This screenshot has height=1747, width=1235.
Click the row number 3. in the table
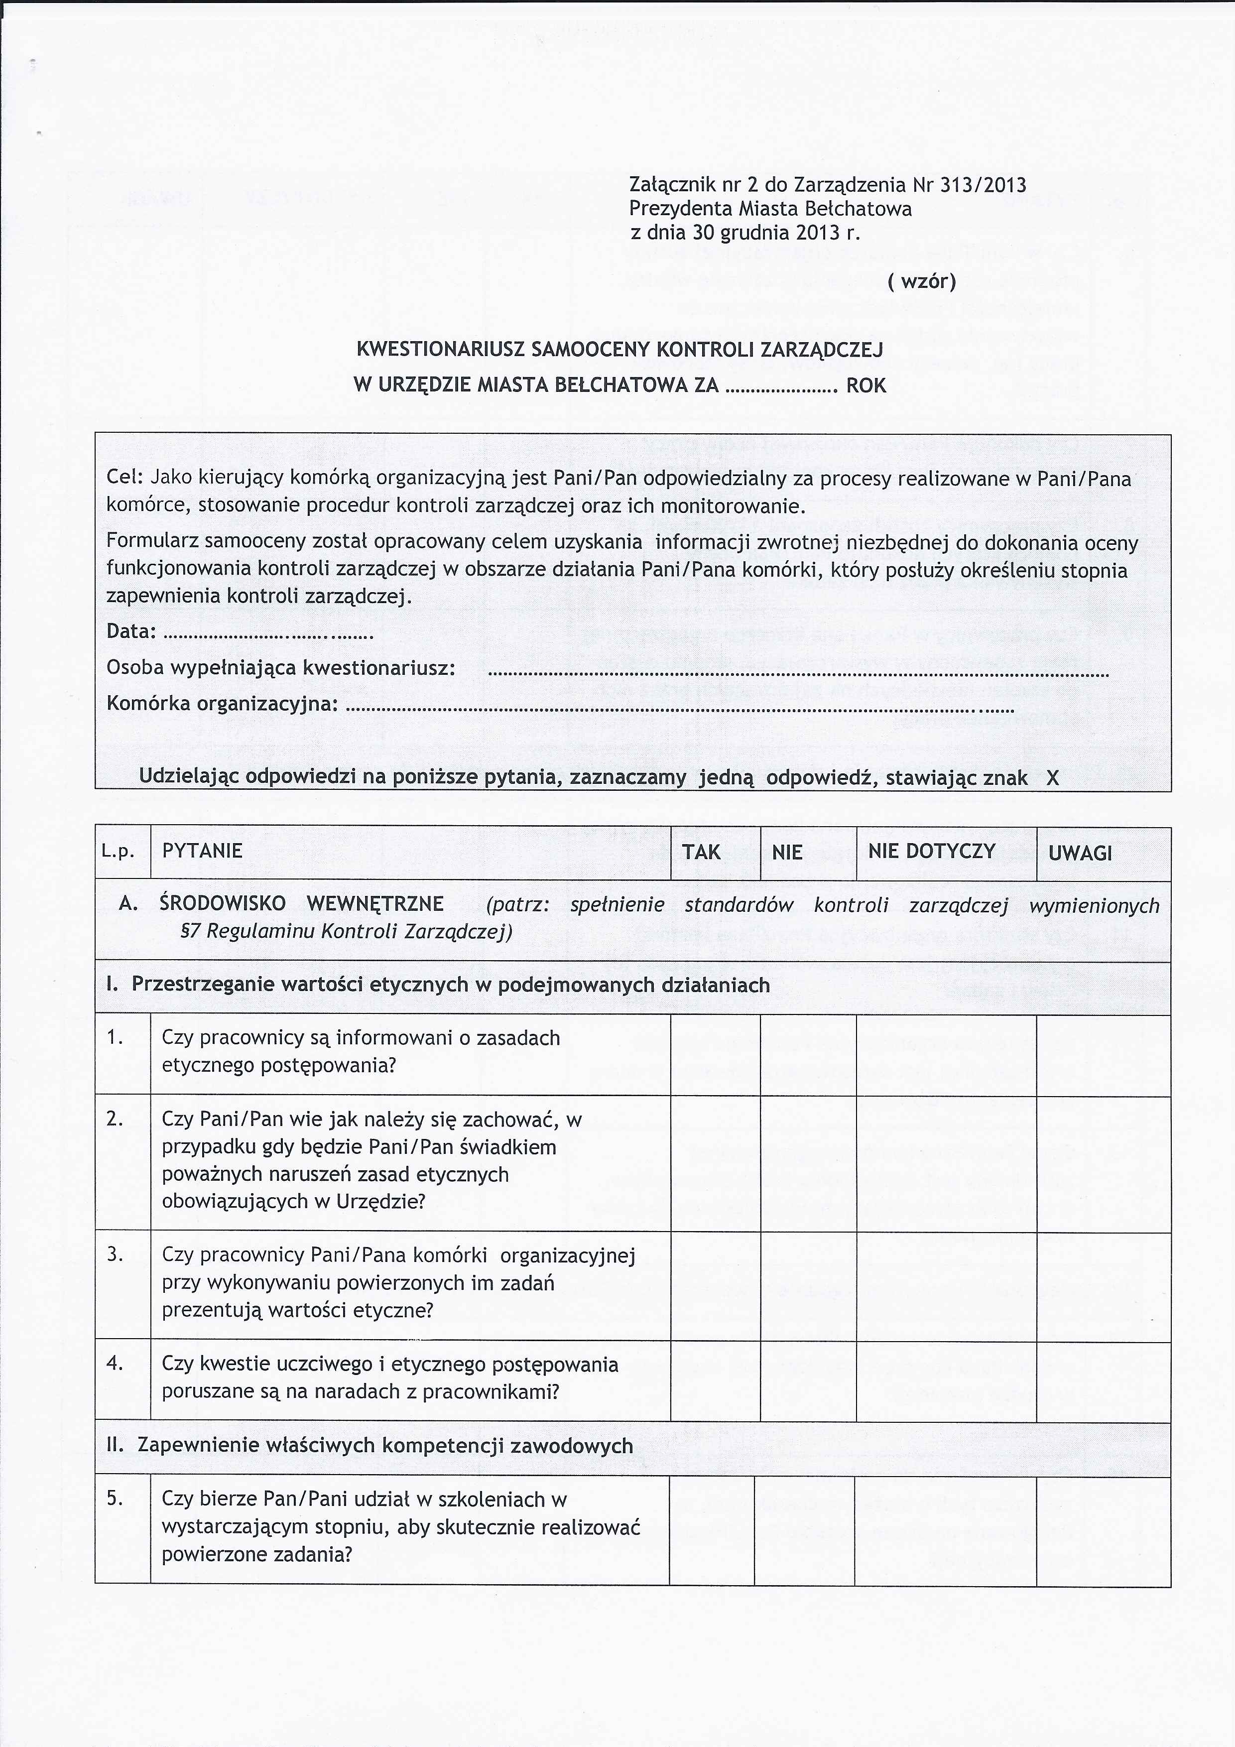(x=115, y=1254)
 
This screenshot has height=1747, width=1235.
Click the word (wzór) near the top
(x=921, y=281)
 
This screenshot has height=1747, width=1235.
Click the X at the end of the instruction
(x=1052, y=778)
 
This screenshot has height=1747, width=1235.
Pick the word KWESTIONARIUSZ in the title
(x=442, y=350)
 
